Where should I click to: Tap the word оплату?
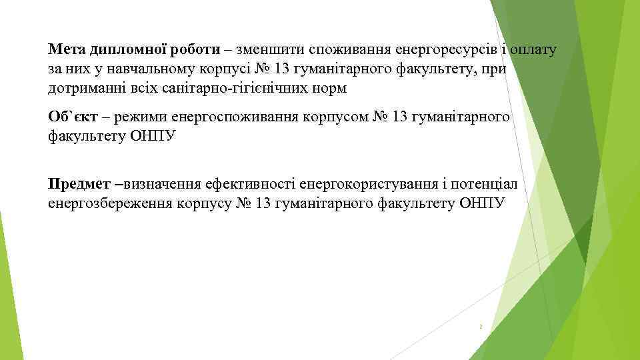533,50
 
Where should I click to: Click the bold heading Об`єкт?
73,117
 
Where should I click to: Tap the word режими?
142,117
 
